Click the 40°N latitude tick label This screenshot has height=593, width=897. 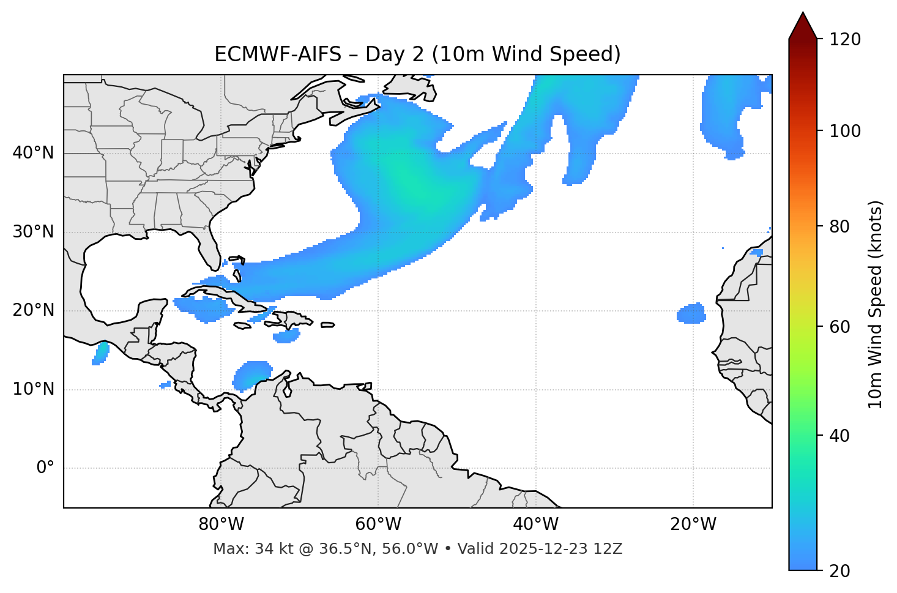tap(33, 153)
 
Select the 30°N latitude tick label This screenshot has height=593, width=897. tap(33, 232)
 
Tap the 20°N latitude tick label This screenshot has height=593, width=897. tap(33, 310)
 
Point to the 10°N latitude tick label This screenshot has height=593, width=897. tap(33, 389)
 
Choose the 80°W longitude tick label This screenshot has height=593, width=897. tap(221, 524)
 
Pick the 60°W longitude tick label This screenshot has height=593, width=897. tap(378, 524)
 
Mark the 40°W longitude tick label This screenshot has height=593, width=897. tap(535, 524)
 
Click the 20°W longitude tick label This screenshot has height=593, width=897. tap(693, 524)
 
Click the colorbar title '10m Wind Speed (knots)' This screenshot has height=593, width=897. tap(876, 304)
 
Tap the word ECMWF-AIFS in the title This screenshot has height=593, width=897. tap(277, 54)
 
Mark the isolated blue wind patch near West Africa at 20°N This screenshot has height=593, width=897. tap(691, 314)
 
